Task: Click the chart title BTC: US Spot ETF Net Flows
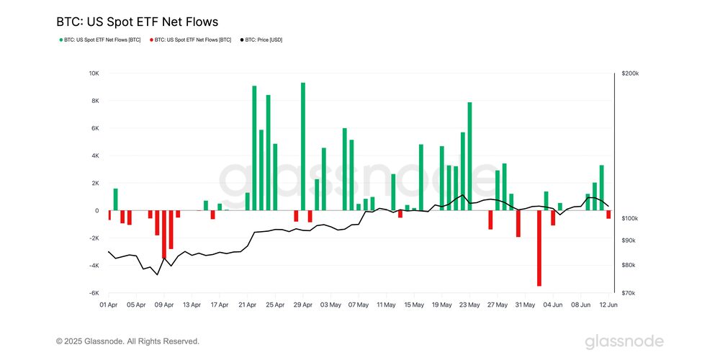click(x=137, y=22)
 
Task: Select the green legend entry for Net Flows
click(x=100, y=40)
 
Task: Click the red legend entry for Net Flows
click(x=190, y=40)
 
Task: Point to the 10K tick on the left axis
click(x=94, y=73)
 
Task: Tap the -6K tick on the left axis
click(x=94, y=293)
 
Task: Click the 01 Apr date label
click(x=109, y=305)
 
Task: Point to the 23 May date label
click(x=469, y=305)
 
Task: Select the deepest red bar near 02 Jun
click(x=539, y=248)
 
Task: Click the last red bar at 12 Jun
click(x=608, y=215)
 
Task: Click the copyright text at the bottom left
click(x=128, y=341)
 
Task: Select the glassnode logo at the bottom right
click(x=624, y=341)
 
